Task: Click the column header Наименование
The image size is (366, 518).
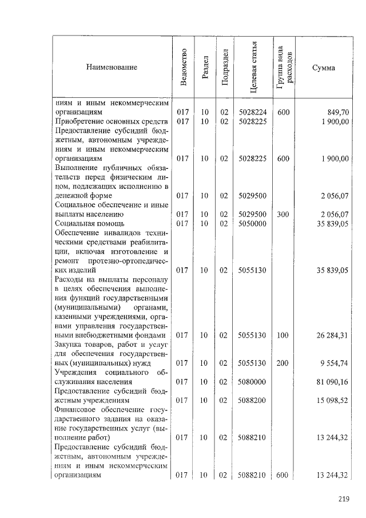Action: pyautogui.click(x=112, y=68)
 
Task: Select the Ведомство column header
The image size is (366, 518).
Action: pyautogui.click(x=183, y=68)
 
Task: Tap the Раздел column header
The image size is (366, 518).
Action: pyautogui.click(x=205, y=68)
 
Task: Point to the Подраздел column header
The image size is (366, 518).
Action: pyautogui.click(x=225, y=68)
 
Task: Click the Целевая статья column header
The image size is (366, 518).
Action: pyautogui.click(x=253, y=68)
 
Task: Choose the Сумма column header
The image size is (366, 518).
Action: pyautogui.click(x=324, y=68)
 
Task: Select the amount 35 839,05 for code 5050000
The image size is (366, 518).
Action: pyautogui.click(x=328, y=224)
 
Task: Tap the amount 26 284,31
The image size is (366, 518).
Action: pyautogui.click(x=328, y=335)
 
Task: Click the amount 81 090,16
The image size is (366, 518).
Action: pyautogui.click(x=328, y=381)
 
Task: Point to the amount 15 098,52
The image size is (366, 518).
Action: pyautogui.click(x=328, y=400)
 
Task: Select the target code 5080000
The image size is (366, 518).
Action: pyautogui.click(x=252, y=381)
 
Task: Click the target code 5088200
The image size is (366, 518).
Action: pyautogui.click(x=252, y=400)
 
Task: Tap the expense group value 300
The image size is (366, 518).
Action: pyautogui.click(x=283, y=215)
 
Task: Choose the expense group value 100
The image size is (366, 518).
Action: pyautogui.click(x=283, y=335)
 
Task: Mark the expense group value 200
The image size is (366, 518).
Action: pyautogui.click(x=283, y=363)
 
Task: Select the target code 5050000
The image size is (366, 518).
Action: pyautogui.click(x=252, y=224)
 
